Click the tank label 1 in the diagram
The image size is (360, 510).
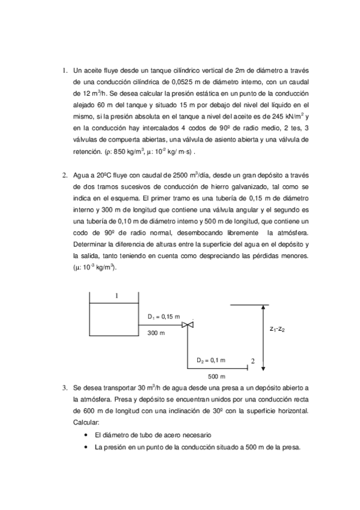point(116,295)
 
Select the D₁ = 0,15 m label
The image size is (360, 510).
point(163,316)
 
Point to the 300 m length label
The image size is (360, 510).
point(157,333)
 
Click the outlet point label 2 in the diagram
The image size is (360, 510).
point(253,361)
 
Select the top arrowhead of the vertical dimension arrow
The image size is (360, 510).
point(263,308)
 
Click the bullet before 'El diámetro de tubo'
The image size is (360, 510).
point(88,435)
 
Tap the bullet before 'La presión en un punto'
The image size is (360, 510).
point(88,447)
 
